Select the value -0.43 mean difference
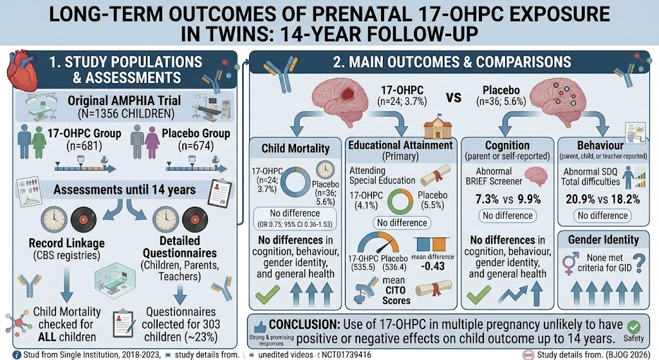point(432,266)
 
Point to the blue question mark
point(640,263)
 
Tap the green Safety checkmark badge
point(634,327)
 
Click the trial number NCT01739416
point(347,355)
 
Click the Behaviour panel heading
point(600,146)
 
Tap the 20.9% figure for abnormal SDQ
point(579,199)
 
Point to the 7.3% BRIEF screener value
point(487,199)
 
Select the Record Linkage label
point(67,243)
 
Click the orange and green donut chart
point(400,201)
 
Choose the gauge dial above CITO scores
point(378,243)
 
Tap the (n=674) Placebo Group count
point(196,146)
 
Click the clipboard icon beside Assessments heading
point(219,193)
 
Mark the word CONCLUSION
point(304,325)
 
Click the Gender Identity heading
point(604,240)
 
